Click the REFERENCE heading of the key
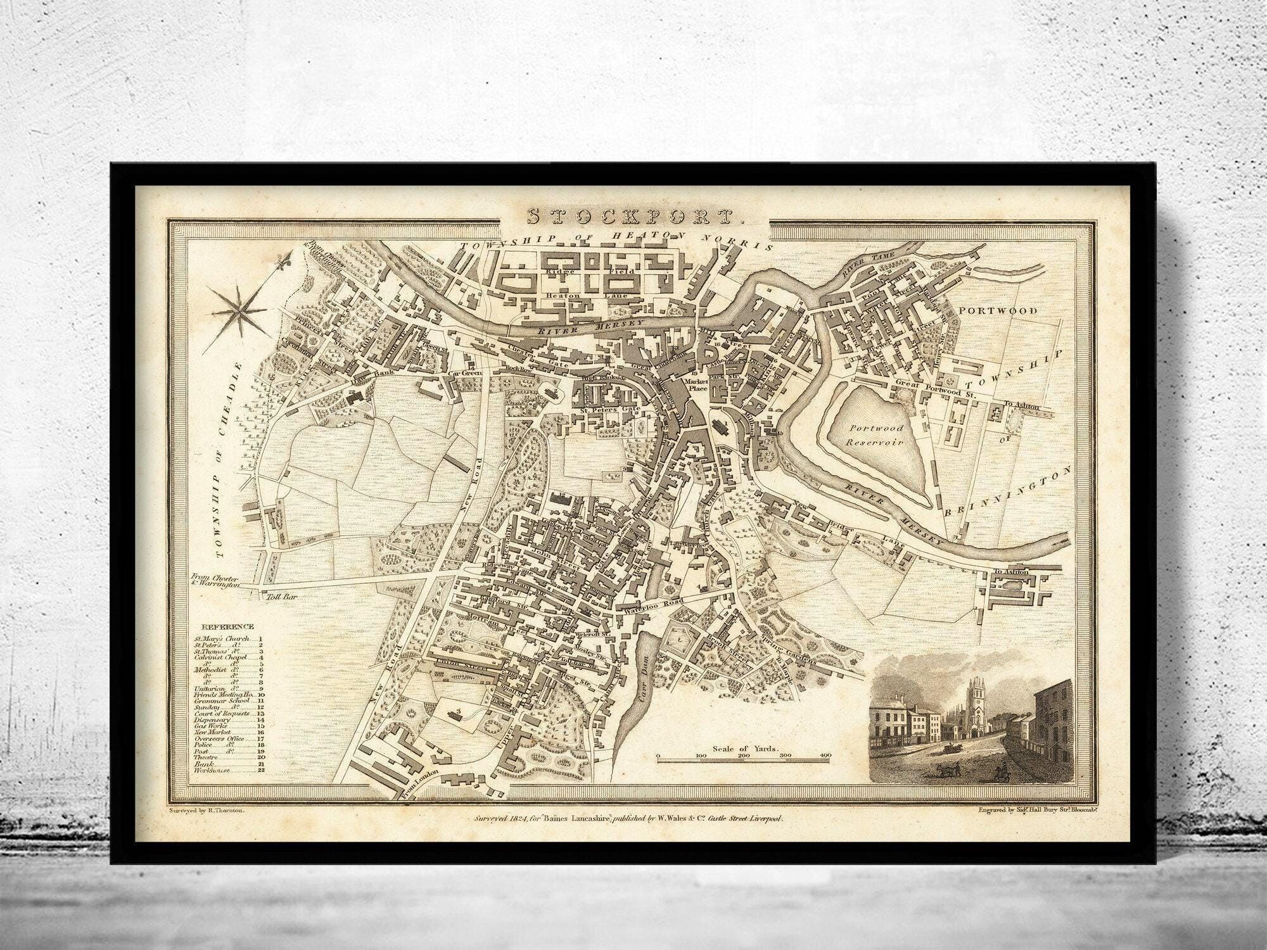[x=224, y=626]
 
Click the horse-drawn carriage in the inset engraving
[x=950, y=749]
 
